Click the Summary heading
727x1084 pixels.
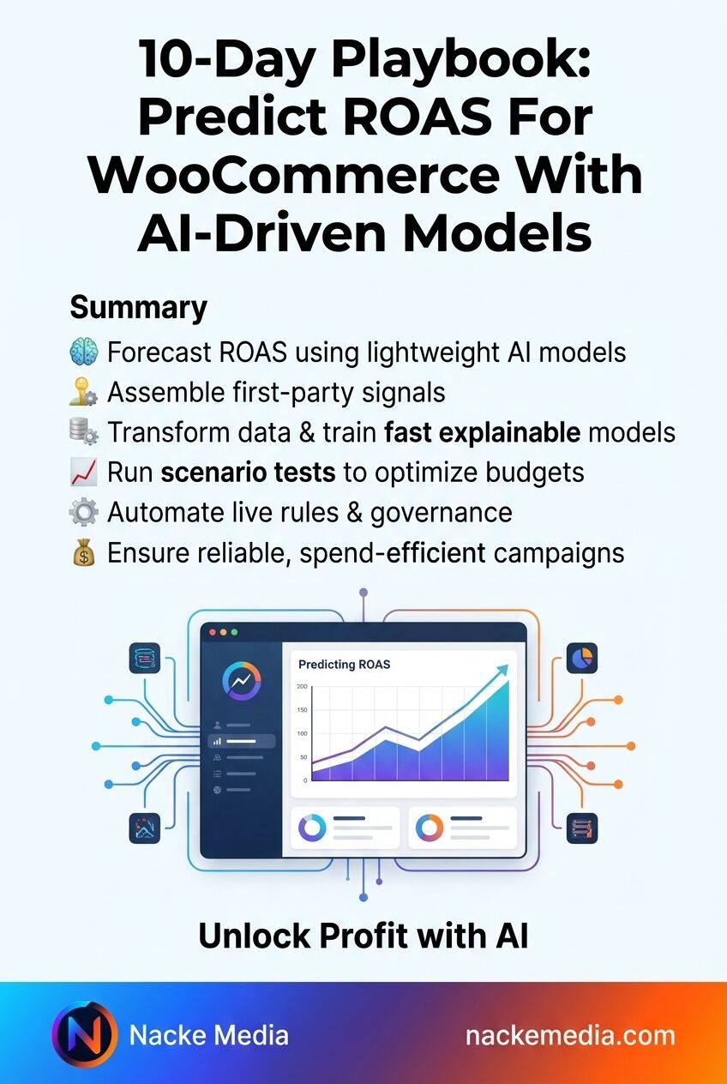pos(138,308)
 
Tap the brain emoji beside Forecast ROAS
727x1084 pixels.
pos(84,352)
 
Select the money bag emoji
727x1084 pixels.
pos(84,552)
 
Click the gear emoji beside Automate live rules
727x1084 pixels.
pos(84,513)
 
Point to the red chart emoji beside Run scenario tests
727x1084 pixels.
pos(84,473)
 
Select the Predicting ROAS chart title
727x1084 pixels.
pos(344,665)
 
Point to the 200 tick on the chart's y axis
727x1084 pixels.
pos(302,686)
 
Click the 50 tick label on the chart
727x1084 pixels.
pos(303,757)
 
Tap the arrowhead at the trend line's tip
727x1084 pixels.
pos(503,671)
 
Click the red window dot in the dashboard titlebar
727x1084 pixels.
pos(212,633)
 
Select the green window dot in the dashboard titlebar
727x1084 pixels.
pos(235,633)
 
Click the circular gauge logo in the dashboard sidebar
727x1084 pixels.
pos(242,681)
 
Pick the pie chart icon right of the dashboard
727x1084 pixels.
pos(582,658)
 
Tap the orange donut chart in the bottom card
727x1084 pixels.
pos(430,828)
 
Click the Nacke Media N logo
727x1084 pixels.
pos(84,1033)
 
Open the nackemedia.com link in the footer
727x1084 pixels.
pos(570,1036)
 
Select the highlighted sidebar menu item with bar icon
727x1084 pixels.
pos(242,741)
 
